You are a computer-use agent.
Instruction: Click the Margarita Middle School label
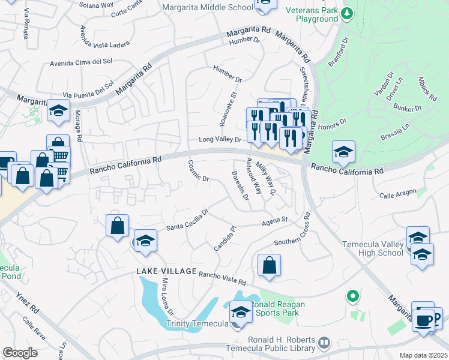208,7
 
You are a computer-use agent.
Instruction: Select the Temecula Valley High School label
372,248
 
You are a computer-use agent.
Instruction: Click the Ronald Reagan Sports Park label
278,308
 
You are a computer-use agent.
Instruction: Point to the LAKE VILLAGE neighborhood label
166,272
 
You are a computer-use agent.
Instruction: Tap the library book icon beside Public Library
324,343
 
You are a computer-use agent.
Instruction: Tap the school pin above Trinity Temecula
241,313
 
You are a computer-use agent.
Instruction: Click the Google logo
20,352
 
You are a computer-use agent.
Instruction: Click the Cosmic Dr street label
198,171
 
